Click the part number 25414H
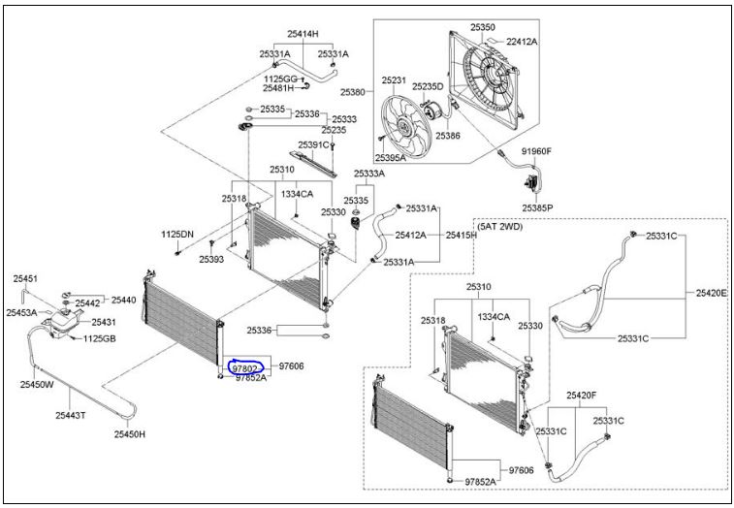click(x=302, y=34)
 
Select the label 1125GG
click(x=281, y=78)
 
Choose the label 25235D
click(x=427, y=86)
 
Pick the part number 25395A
click(x=392, y=158)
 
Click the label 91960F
click(x=536, y=151)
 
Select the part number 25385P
click(x=536, y=207)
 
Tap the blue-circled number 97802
click(x=243, y=368)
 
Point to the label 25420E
click(x=711, y=292)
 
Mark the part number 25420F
click(x=581, y=396)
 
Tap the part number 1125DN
click(x=177, y=235)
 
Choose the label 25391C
click(x=313, y=144)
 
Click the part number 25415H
click(x=461, y=236)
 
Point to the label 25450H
click(x=129, y=433)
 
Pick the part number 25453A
click(x=21, y=312)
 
